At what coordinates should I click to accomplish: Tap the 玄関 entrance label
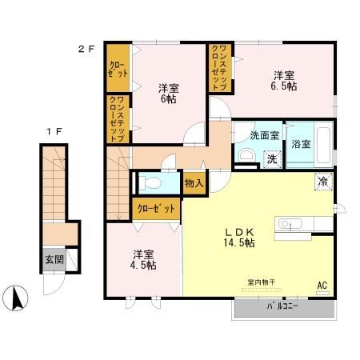pos(54,259)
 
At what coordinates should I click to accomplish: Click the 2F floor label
pos(86,49)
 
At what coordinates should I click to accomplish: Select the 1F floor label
pos(54,131)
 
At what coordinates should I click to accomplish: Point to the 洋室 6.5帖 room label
pos(284,81)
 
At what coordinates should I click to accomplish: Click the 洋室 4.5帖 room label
pos(143,259)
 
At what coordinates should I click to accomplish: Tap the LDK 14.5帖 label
pos(239,238)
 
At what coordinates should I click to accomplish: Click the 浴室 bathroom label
pos(301,144)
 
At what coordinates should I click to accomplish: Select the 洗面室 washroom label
pos(264,135)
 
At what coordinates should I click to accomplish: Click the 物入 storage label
pos(194,183)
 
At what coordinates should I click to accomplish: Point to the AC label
pos(322,286)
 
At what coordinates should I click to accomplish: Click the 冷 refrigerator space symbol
pos(323,182)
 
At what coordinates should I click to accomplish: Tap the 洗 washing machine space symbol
pos(272,159)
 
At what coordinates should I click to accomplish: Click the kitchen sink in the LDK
pos(290,224)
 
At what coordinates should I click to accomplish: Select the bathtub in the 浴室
pos(323,145)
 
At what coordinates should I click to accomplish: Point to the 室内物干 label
pos(262,282)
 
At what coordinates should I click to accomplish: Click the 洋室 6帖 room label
pos(169,94)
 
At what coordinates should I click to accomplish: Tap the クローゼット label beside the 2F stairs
pos(156,209)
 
